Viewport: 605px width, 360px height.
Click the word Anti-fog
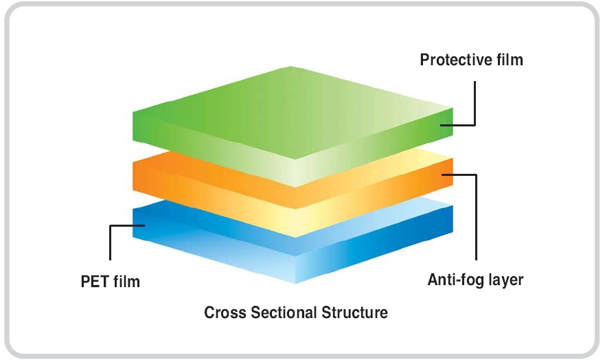[453, 280]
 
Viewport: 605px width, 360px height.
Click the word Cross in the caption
[222, 313]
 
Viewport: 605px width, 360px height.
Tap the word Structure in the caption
[354, 313]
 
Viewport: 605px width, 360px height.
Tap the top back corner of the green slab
[292, 67]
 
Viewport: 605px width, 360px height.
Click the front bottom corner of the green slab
[295, 186]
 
